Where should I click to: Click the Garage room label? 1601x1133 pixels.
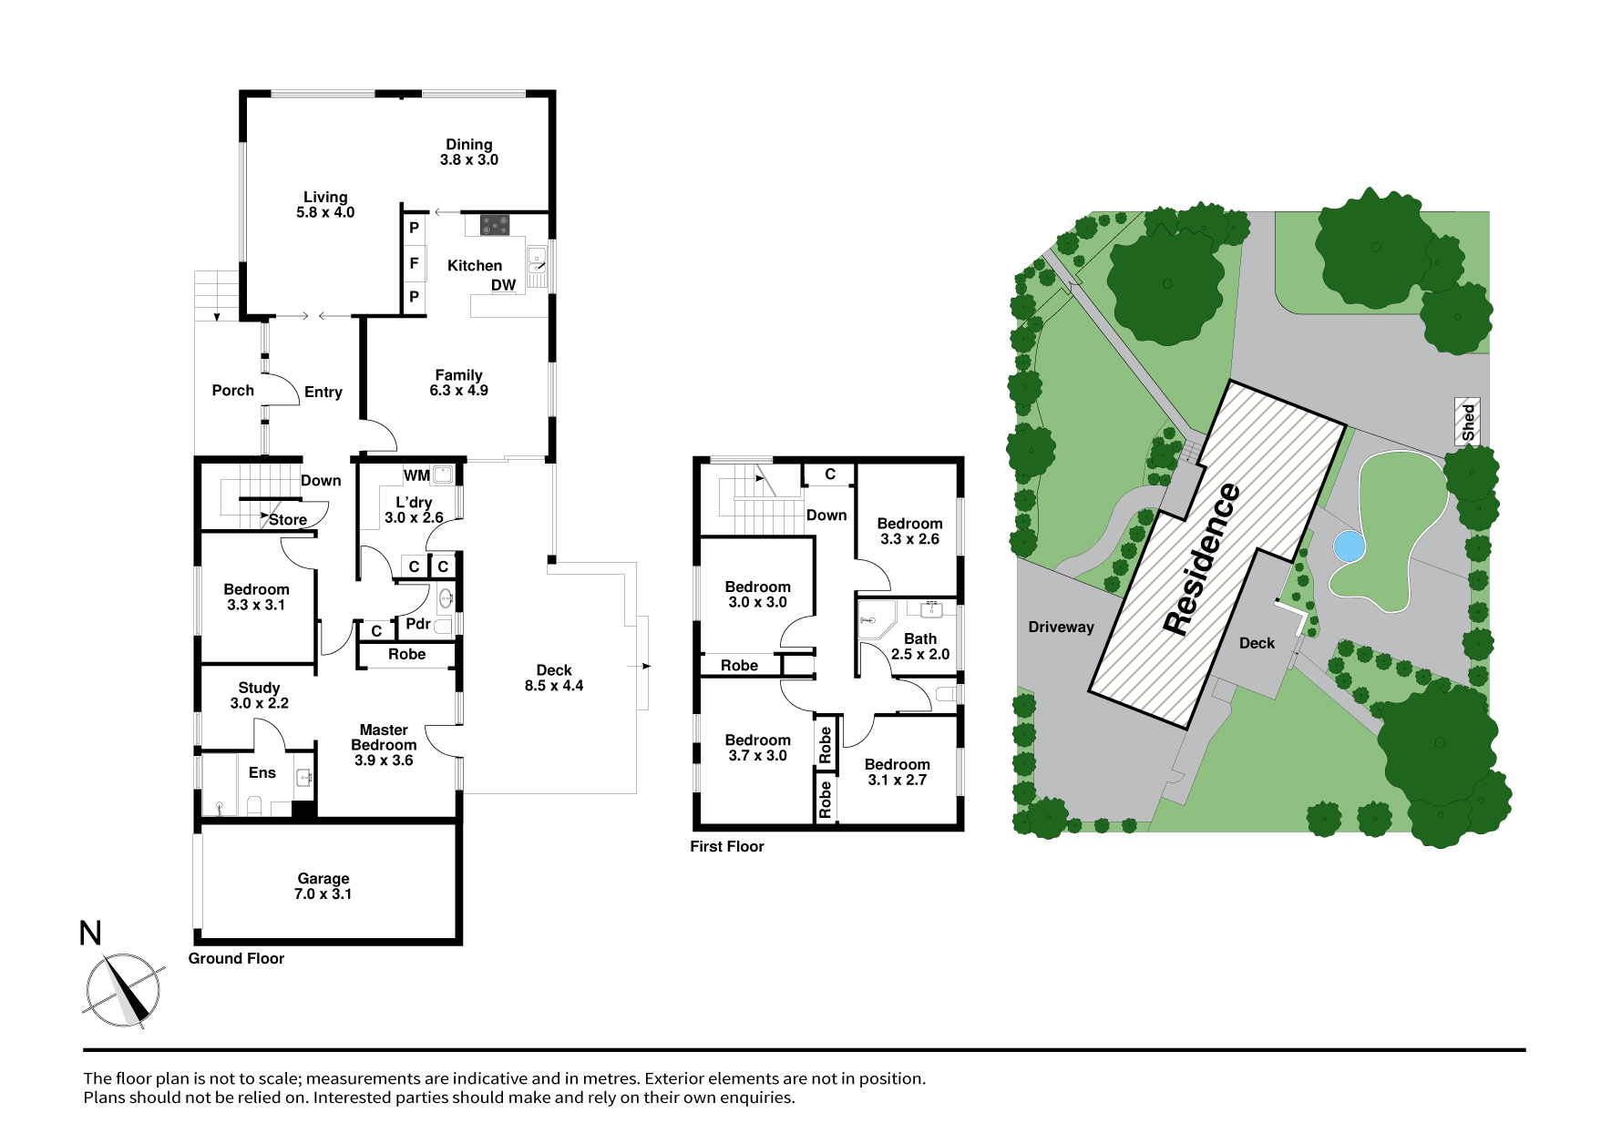[323, 886]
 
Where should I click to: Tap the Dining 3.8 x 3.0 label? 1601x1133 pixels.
[469, 152]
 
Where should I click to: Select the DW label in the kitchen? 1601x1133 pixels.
[504, 285]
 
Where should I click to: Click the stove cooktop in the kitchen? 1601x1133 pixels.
[495, 224]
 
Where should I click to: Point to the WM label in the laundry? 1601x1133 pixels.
[416, 475]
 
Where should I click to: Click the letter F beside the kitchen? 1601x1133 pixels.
[414, 263]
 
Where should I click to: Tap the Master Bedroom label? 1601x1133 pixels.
[384, 745]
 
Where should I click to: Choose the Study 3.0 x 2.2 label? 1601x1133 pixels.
[260, 696]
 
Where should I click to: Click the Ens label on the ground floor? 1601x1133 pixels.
[262, 773]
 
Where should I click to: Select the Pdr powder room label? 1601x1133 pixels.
[418, 624]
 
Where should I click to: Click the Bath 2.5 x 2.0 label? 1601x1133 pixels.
[920, 647]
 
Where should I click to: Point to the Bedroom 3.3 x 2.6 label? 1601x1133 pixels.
[910, 531]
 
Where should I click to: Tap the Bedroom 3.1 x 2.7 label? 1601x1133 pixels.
[898, 772]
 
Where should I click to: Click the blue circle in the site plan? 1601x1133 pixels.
[1349, 546]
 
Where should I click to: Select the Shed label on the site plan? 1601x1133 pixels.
[1468, 423]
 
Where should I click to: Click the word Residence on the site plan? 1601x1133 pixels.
[1203, 558]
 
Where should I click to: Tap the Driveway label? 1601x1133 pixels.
[1061, 627]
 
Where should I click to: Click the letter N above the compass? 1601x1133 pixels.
[90, 934]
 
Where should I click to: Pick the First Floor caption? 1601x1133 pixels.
[727, 846]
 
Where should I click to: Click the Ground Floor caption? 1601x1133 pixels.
[236, 958]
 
